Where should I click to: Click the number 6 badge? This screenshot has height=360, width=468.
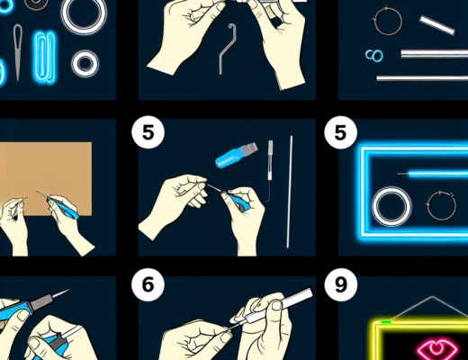point(148,284)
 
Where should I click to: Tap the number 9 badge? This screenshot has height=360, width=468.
point(341,284)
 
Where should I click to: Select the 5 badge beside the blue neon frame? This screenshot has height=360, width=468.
point(341,132)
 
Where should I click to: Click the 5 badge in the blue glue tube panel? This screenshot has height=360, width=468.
point(148,132)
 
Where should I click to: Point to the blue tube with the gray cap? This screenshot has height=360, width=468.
point(236,155)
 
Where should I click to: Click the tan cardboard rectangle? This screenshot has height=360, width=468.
point(45,178)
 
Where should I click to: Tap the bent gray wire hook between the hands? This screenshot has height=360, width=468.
point(227,48)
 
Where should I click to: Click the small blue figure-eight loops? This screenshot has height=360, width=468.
point(374,56)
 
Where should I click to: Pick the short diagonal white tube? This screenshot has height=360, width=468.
point(437,25)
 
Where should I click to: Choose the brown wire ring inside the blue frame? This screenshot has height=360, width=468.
point(427,206)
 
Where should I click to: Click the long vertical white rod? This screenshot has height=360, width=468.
point(290,192)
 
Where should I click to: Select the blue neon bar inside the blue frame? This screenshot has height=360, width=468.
point(438,174)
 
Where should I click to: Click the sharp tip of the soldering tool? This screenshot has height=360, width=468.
point(68,290)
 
